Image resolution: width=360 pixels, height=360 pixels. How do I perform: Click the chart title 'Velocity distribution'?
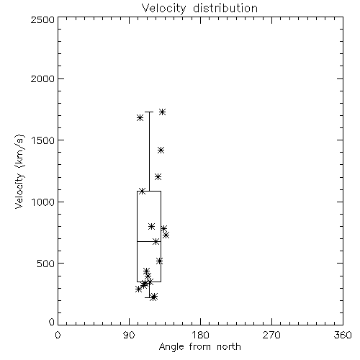point(199,8)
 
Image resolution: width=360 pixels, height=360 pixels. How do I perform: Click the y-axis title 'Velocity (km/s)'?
point(19,171)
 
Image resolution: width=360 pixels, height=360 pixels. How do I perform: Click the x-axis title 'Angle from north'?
point(199,347)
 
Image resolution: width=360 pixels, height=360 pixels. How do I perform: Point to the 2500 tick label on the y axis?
point(42,19)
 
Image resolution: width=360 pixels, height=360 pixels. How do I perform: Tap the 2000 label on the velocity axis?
point(42,79)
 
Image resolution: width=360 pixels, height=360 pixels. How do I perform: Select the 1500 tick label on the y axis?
point(43,140)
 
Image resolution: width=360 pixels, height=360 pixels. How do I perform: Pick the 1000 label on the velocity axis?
point(43,202)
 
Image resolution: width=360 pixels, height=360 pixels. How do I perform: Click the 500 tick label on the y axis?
point(46,264)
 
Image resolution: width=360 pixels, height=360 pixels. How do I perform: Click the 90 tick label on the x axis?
point(129,335)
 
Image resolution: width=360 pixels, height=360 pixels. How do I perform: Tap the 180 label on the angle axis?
point(200,335)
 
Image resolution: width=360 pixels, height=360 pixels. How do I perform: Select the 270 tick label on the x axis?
point(271,335)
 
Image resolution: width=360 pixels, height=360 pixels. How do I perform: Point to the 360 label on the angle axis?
point(343,335)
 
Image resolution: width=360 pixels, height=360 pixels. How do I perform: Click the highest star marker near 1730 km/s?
point(163,112)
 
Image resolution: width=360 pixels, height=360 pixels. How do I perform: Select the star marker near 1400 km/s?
point(161,150)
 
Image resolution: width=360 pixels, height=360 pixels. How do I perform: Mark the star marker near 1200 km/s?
point(158,177)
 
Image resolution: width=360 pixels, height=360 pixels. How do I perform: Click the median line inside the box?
point(149,241)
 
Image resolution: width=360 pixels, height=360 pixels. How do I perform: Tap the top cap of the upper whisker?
point(149,112)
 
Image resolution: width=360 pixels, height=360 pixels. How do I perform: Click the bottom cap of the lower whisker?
point(149,297)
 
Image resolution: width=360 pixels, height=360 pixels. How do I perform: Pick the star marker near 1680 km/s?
point(140,118)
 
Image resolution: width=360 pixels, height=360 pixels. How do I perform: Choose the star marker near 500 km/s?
point(160,261)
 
